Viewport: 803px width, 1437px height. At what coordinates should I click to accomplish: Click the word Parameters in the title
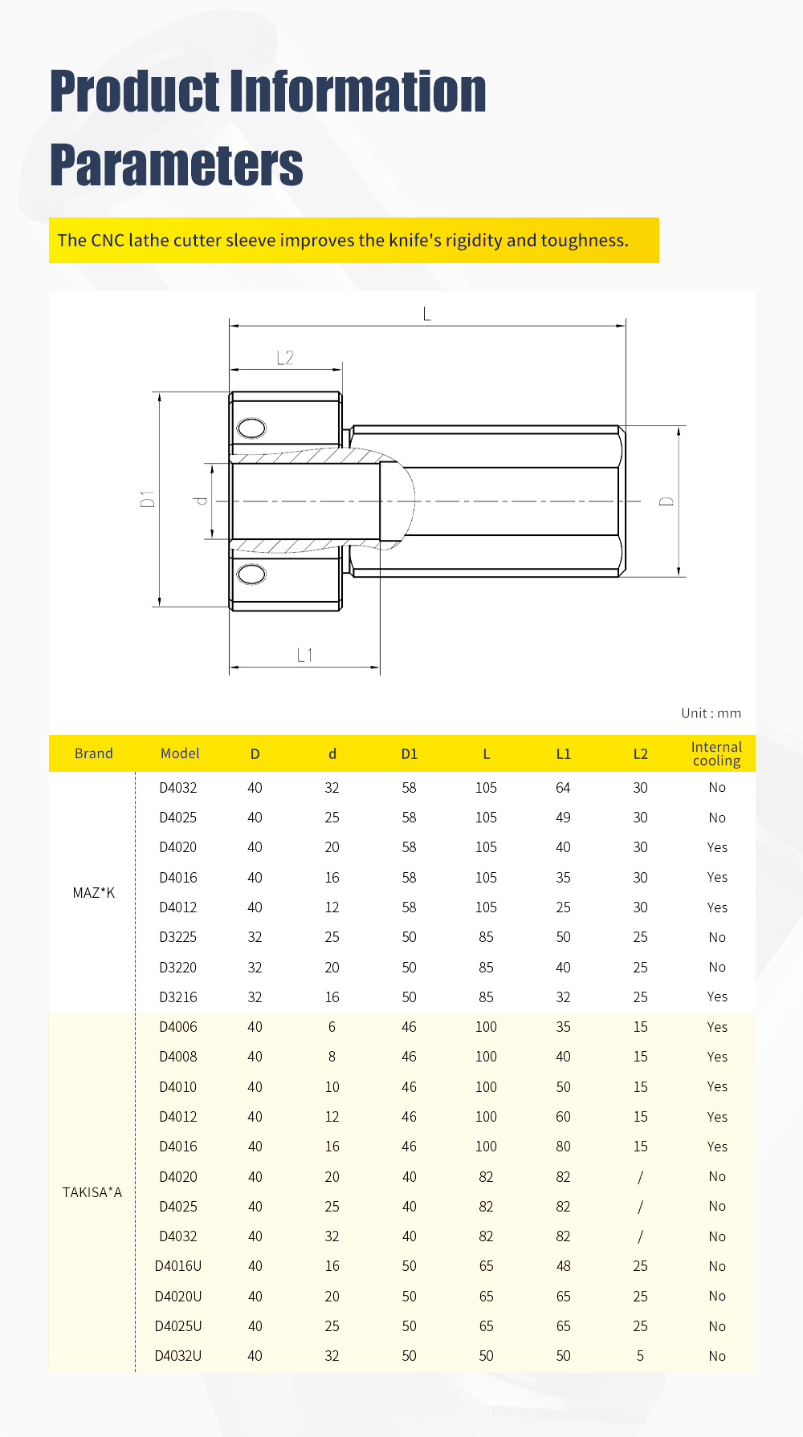pos(177,165)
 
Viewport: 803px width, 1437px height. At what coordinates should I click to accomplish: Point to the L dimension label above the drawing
pos(427,314)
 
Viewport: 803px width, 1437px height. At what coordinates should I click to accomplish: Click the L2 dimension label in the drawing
pos(285,358)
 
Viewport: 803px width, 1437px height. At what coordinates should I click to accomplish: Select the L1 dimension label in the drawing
pos(304,656)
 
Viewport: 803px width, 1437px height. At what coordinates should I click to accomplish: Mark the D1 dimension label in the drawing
pos(147,499)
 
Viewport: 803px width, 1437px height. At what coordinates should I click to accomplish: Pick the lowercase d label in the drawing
pos(201,501)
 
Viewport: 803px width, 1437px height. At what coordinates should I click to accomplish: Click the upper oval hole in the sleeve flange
pos(251,428)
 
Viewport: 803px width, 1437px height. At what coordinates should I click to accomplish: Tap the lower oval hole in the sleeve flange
pos(251,574)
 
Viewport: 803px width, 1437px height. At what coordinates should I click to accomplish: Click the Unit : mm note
pos(711,713)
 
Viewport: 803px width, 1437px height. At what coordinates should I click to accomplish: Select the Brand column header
pos(94,753)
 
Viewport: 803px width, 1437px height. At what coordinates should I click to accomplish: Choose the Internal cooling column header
pos(716,753)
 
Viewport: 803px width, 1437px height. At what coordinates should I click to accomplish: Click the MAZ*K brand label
pos(94,893)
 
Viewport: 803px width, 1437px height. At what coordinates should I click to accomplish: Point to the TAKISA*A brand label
pos(92,1192)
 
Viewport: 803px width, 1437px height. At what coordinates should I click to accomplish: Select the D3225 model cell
pos(178,937)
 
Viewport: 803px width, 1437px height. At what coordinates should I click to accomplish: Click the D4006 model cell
pos(178,1027)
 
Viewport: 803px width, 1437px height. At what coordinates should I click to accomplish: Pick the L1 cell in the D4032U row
pos(563,1356)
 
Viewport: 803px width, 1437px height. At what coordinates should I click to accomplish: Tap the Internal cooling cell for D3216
pos(717,997)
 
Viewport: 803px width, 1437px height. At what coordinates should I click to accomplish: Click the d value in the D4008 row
pos(332,1057)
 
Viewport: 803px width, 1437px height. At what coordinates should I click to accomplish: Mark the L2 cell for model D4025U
pos(640,1326)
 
